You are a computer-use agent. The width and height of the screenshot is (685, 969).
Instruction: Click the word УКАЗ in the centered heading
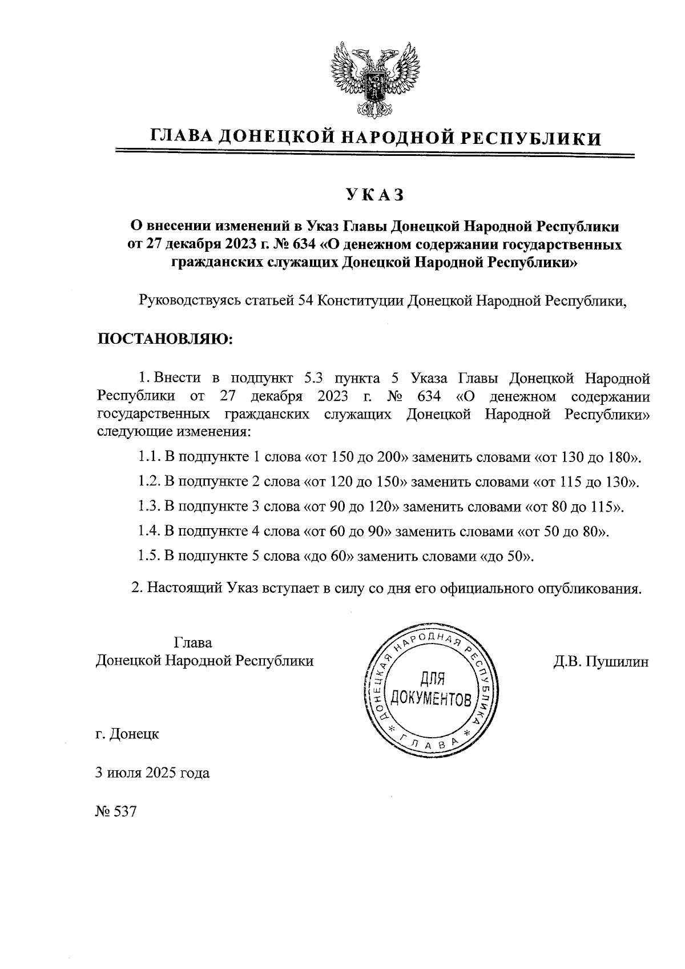[374, 195]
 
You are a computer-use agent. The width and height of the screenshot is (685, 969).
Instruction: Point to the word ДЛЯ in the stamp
[432, 679]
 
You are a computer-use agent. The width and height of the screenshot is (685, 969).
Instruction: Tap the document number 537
[126, 811]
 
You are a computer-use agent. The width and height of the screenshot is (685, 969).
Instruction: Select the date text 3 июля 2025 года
[152, 773]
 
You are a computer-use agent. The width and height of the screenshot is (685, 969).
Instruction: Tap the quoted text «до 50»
[507, 557]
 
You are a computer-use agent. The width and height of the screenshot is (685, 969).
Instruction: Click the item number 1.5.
[148, 557]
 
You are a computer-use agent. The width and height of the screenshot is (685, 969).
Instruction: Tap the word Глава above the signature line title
[193, 642]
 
